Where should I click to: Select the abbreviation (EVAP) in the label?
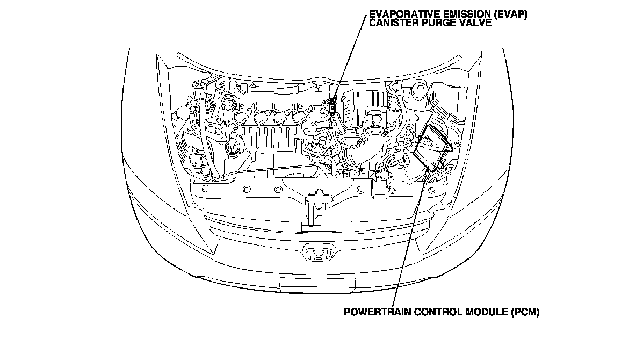tap(509, 15)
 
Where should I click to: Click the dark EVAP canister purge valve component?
tap(333, 107)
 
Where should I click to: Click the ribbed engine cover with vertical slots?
tap(269, 140)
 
